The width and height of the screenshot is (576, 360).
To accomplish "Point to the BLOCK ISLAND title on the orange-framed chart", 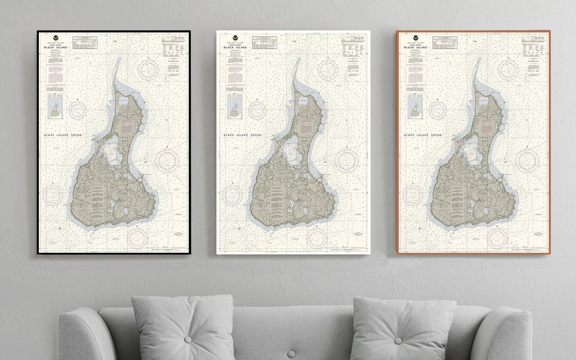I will tap(414, 47).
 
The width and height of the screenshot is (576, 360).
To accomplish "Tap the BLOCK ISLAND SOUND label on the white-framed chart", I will tap(243, 136).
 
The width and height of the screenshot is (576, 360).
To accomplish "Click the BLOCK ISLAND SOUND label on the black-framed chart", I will tap(63, 136).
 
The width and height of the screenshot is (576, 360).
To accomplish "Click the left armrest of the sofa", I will tap(80, 336).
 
